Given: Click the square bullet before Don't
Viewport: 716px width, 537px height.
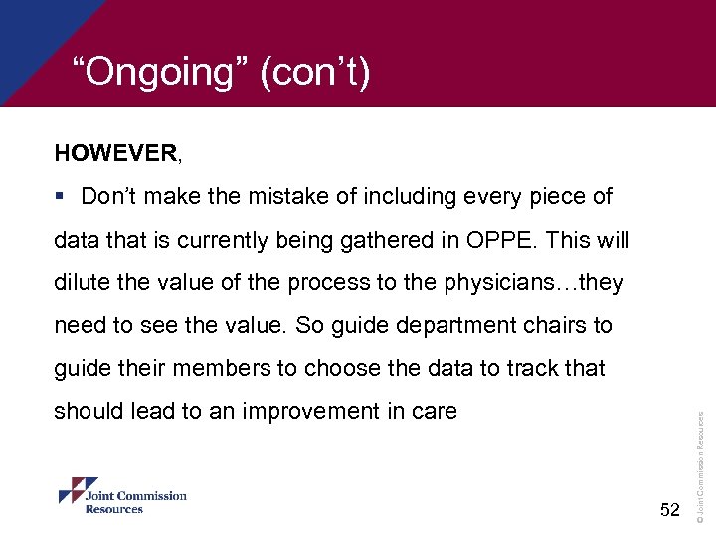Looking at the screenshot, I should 62,197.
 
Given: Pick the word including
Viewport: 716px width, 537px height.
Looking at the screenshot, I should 407,197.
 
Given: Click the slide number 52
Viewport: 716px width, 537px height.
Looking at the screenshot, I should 670,509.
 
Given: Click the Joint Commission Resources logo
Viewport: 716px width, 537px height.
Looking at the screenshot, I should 122,496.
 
